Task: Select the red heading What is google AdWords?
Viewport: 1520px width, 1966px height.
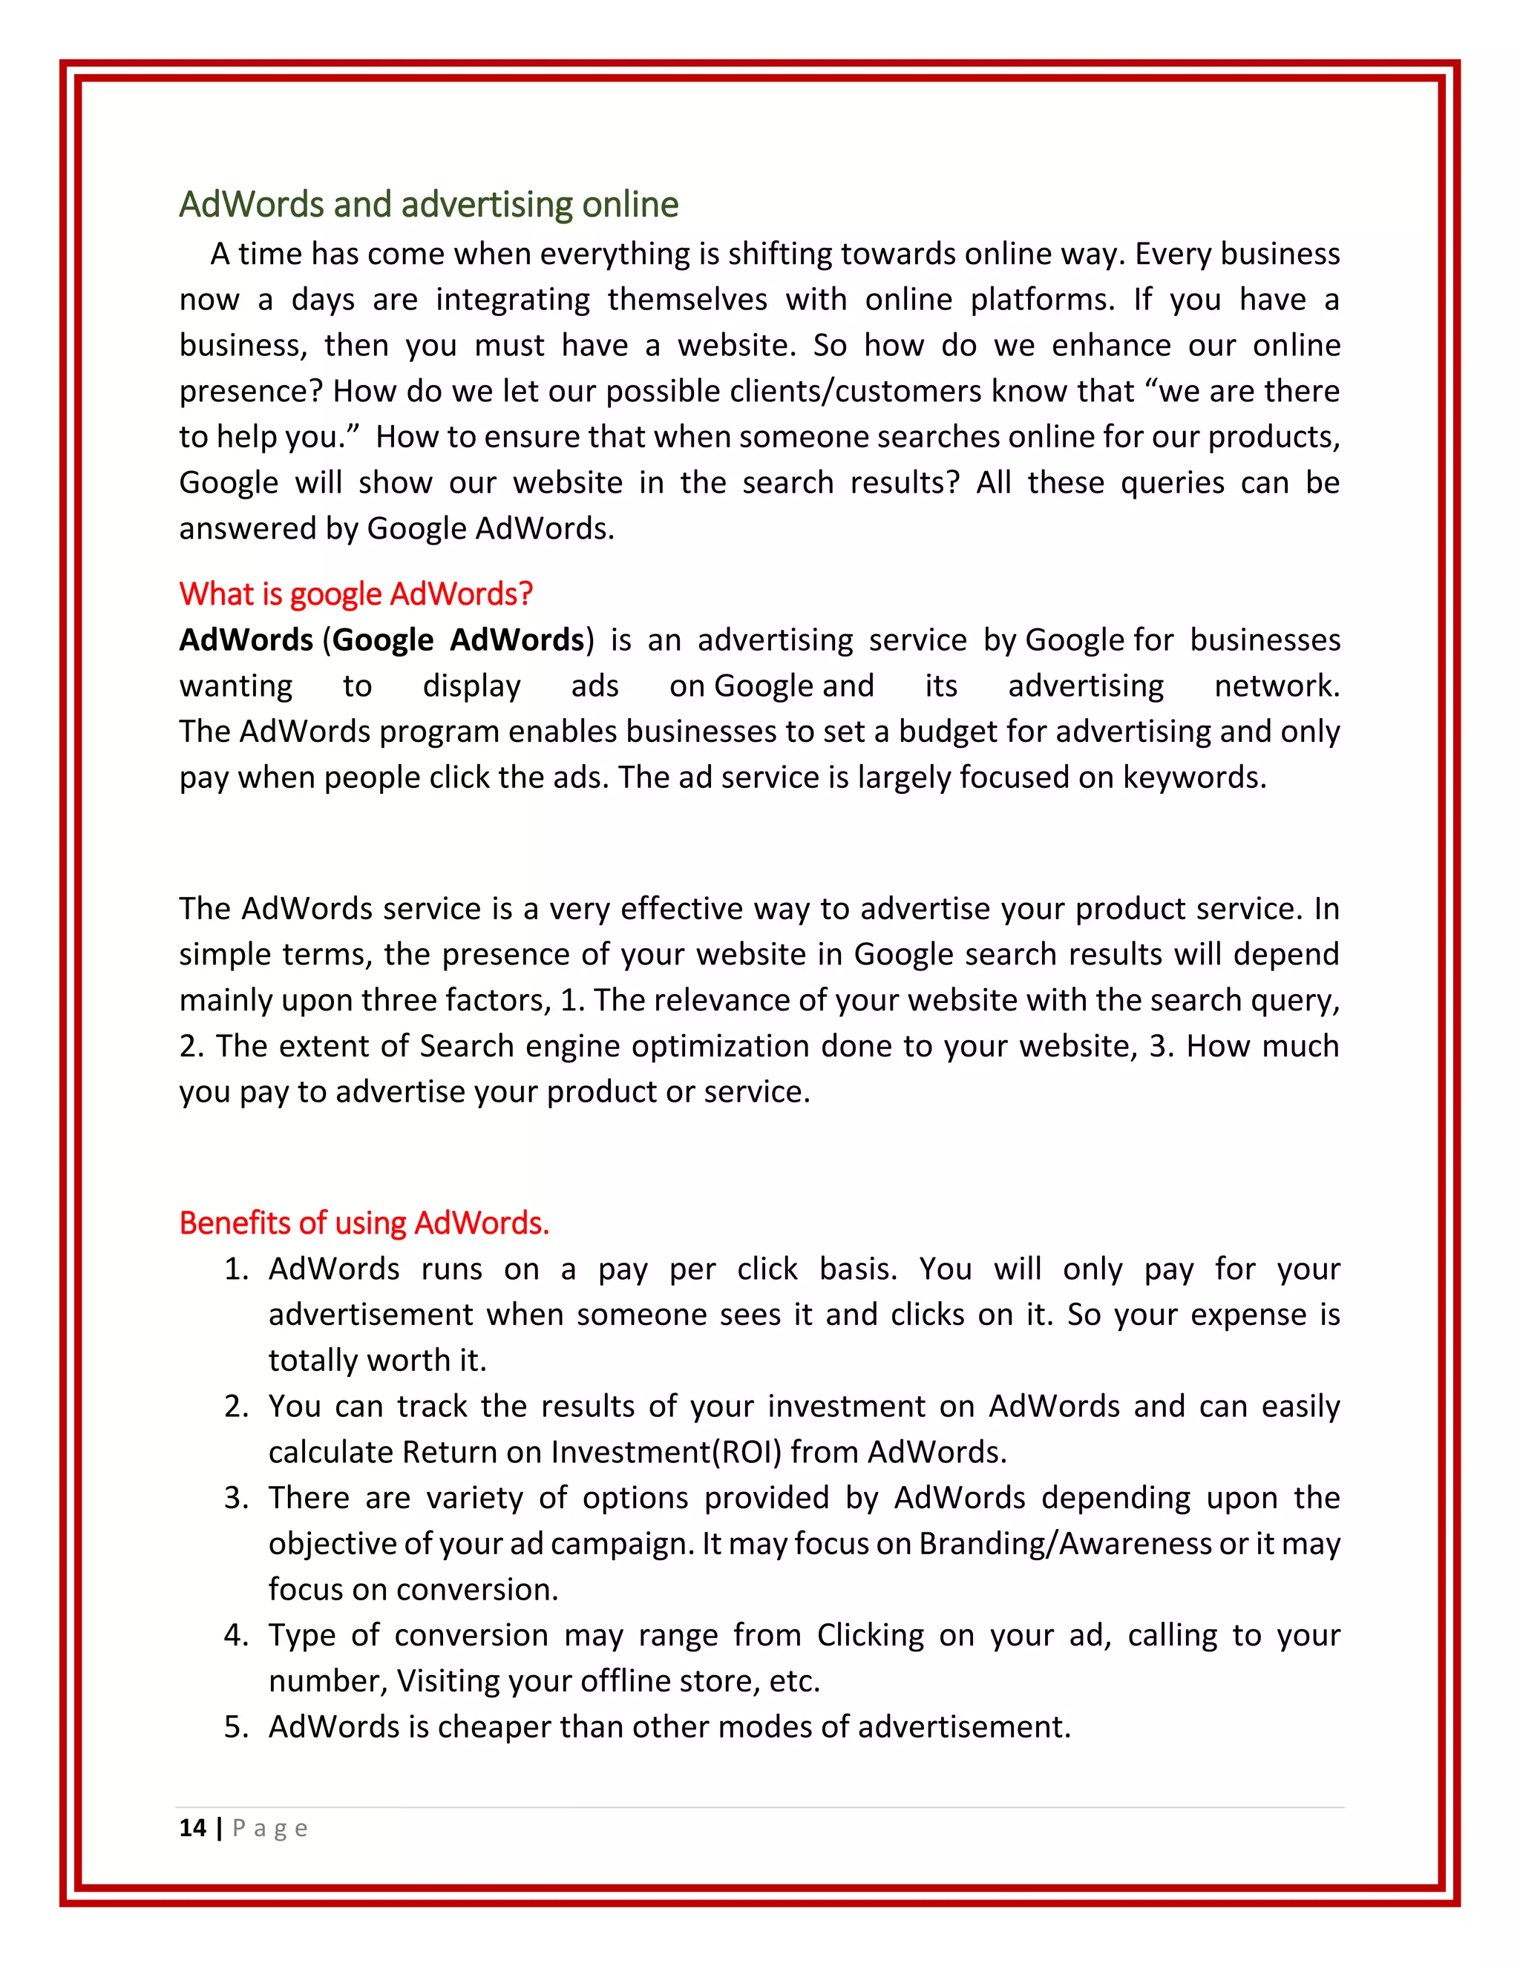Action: pos(356,594)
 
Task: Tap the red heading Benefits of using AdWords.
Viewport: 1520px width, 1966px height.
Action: pos(364,1223)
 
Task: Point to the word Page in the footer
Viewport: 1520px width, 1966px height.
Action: pos(270,1828)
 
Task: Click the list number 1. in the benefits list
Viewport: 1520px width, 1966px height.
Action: pos(236,1269)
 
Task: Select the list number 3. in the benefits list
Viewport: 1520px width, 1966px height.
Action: pos(236,1498)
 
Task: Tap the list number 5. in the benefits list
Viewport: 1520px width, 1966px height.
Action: pos(236,1726)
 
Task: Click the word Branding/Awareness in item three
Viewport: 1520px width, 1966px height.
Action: pos(1064,1544)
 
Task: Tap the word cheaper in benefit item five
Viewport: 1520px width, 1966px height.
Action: pos(494,1726)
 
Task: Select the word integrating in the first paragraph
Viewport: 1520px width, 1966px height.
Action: pos(512,300)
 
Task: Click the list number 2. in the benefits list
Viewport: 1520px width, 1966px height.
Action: pos(236,1406)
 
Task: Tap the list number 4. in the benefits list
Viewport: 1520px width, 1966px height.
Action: pos(236,1634)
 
